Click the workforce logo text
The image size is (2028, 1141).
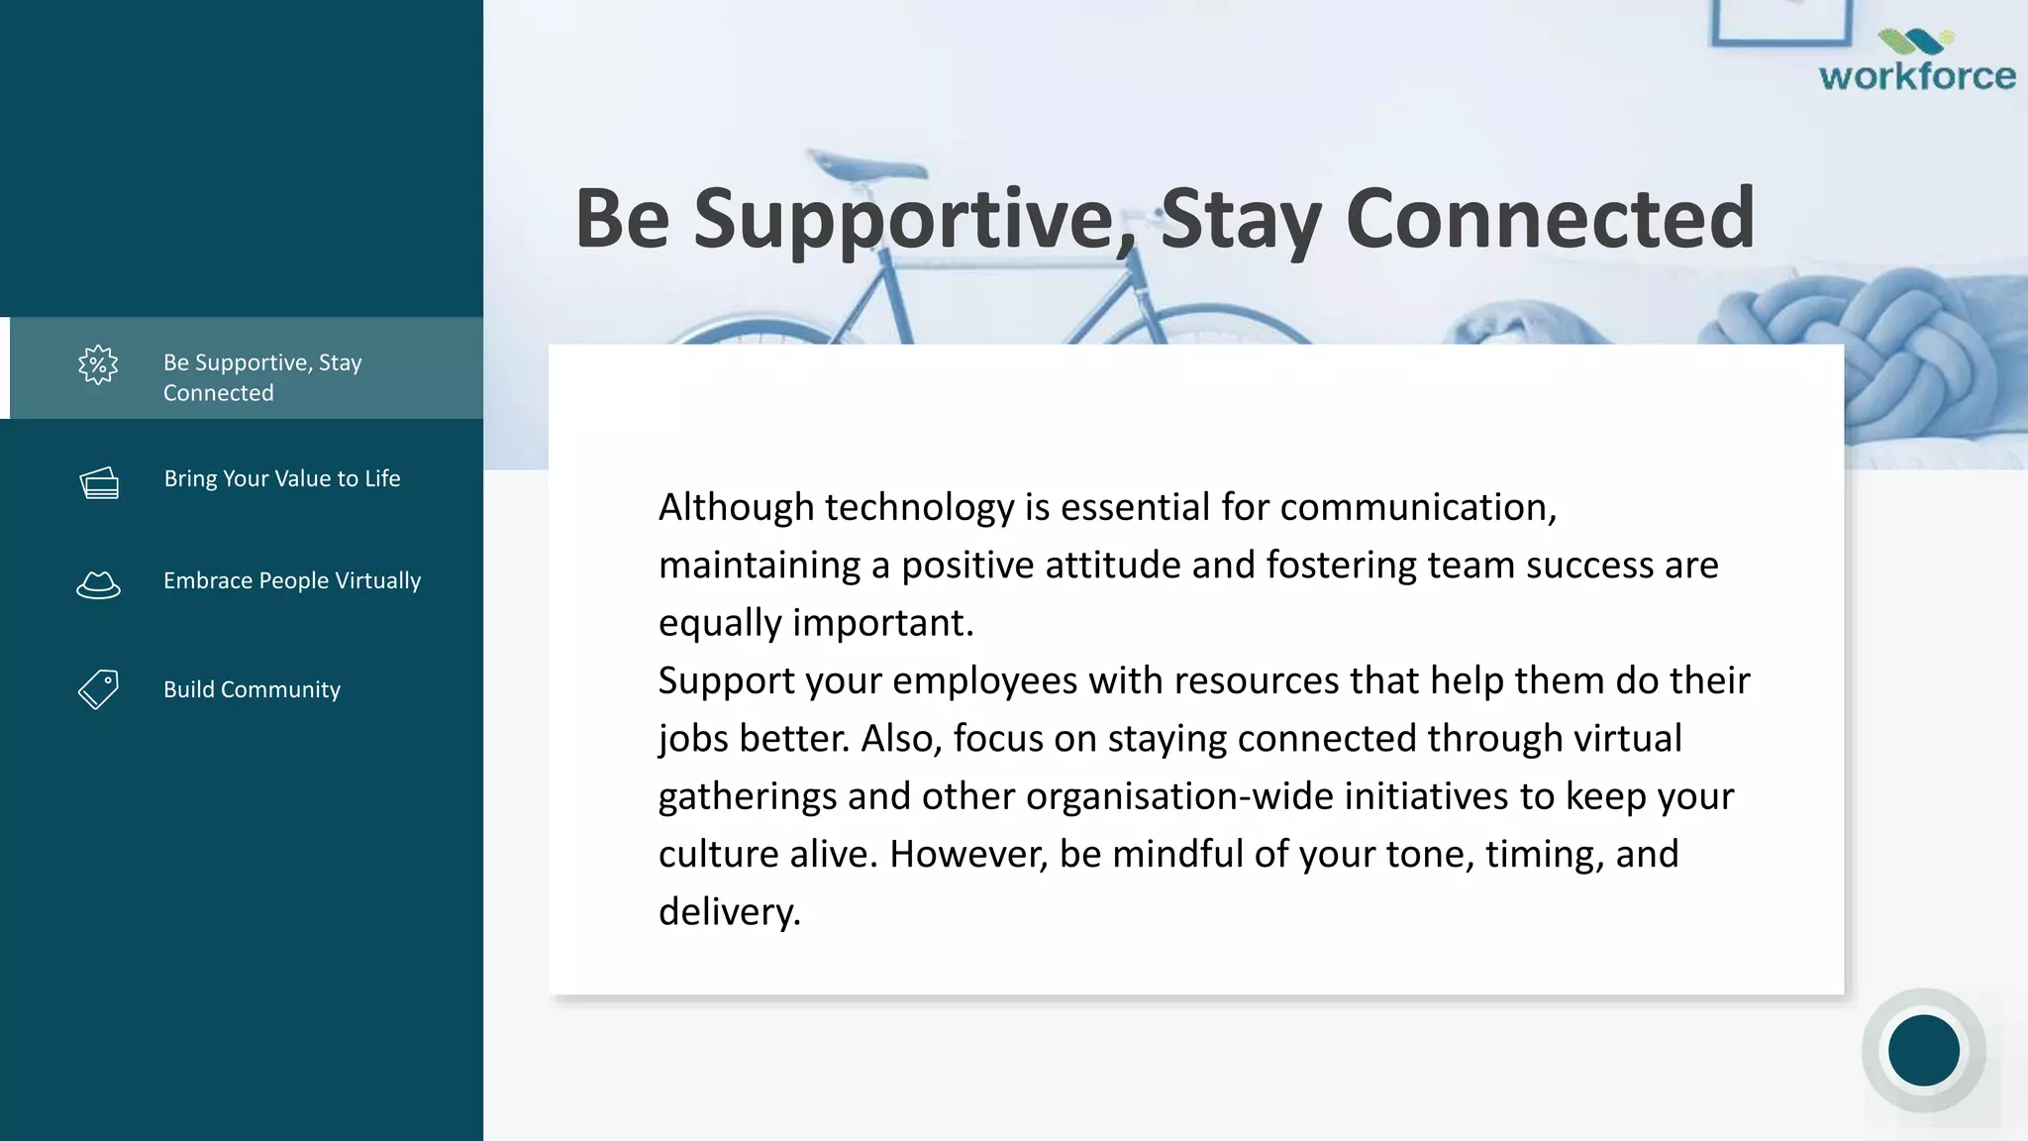click(x=1917, y=76)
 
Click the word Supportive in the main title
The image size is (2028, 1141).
click(x=903, y=220)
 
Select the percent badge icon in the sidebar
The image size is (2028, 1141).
click(x=98, y=365)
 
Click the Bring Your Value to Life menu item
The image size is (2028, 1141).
click(x=281, y=478)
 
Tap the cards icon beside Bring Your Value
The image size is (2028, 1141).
click(x=99, y=482)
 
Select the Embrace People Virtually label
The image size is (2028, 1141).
click(x=291, y=580)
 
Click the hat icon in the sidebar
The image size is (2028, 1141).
click(x=98, y=585)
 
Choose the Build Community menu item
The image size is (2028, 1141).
click(x=252, y=689)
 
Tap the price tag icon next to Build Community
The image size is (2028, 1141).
click(x=98, y=689)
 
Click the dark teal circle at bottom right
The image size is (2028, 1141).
click(x=1923, y=1050)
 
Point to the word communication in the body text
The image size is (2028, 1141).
click(x=1416, y=507)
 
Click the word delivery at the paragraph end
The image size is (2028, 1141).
click(x=728, y=912)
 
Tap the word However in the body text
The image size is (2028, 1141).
click(x=967, y=854)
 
